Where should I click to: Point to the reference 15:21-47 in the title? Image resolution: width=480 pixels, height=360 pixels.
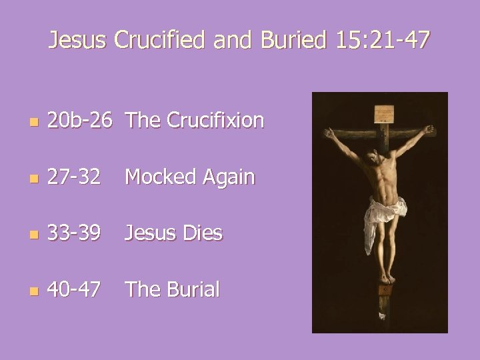383,41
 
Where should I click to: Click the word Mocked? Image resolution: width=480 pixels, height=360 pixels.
159,177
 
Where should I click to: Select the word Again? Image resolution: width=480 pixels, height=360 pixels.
227,178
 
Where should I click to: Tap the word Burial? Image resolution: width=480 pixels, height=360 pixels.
191,289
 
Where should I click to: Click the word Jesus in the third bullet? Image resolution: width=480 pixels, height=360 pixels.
149,233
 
